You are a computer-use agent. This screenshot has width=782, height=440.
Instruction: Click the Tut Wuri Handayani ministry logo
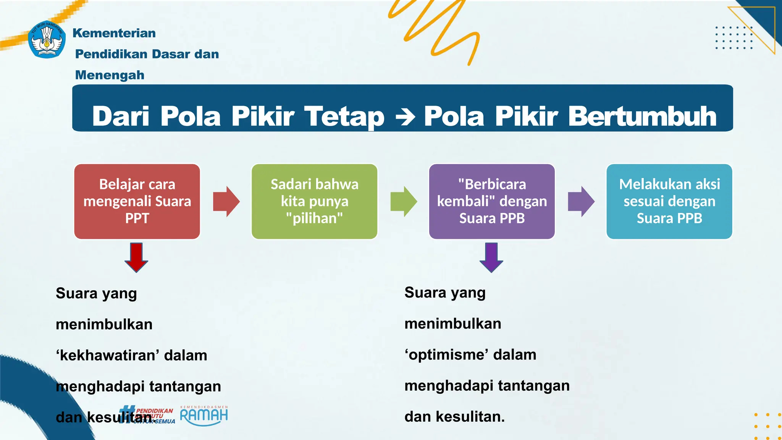[47, 39]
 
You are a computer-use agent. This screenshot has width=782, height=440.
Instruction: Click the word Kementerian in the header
[114, 33]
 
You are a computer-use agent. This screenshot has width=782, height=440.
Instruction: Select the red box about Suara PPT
[137, 201]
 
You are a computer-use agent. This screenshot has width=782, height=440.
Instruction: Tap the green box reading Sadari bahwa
[314, 201]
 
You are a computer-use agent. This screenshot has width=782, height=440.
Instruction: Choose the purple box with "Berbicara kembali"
[492, 201]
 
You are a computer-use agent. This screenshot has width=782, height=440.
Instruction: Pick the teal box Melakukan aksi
[669, 201]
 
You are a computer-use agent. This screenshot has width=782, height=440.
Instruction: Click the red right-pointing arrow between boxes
[226, 201]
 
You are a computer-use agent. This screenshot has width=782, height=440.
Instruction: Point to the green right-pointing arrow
[404, 201]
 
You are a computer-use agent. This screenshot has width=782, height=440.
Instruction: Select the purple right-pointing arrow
[581, 201]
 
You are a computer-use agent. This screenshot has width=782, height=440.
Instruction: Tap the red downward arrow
[136, 257]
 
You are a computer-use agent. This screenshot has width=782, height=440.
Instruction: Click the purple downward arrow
[491, 257]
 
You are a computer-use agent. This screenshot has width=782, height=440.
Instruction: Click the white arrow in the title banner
[406, 117]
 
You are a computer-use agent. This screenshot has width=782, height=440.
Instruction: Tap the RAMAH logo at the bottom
[204, 416]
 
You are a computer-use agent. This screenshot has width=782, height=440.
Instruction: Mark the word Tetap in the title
[344, 116]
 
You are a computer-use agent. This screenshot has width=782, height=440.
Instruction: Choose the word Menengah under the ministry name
[110, 75]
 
